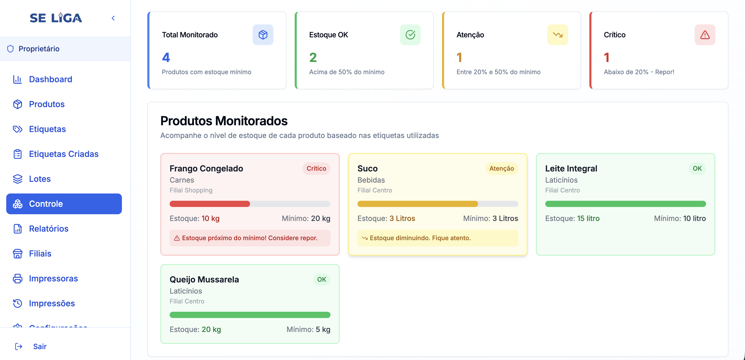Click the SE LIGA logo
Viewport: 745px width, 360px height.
coord(56,18)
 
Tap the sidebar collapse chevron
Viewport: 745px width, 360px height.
coord(113,18)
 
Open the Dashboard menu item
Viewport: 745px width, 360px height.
coord(50,79)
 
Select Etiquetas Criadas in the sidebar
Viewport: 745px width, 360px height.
coord(64,154)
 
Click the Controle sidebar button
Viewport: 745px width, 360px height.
coord(64,204)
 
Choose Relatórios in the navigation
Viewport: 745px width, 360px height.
coord(49,229)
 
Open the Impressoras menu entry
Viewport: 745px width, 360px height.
coord(53,278)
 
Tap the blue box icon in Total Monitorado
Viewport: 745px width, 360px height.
coord(263,35)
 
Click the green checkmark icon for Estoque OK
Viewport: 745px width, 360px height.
coord(410,35)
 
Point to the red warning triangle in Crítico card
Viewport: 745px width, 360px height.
coord(705,35)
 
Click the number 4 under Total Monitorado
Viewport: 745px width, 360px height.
coord(166,57)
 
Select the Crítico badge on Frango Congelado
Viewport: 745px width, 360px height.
coord(316,168)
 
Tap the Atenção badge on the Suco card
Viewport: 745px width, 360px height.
coord(501,168)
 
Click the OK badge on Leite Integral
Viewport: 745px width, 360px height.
coord(697,168)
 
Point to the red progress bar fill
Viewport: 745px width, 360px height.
coord(210,204)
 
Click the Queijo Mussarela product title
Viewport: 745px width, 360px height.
coord(204,279)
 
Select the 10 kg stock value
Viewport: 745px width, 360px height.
coord(210,218)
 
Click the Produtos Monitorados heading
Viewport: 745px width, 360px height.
coord(224,121)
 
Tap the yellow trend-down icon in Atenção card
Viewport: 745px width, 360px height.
coord(557,35)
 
